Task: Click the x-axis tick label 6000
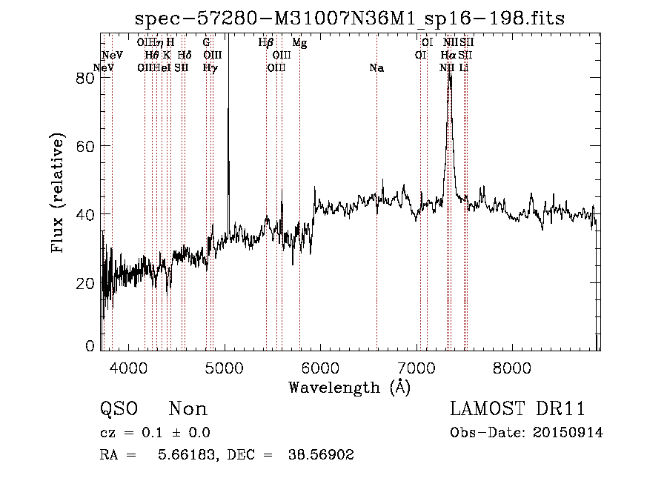320,368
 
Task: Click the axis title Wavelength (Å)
349,386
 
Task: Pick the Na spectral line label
376,68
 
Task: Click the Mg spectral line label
299,43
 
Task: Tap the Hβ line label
266,43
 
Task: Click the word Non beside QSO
188,409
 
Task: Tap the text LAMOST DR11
517,409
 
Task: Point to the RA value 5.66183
190,455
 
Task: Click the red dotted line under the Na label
376,222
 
